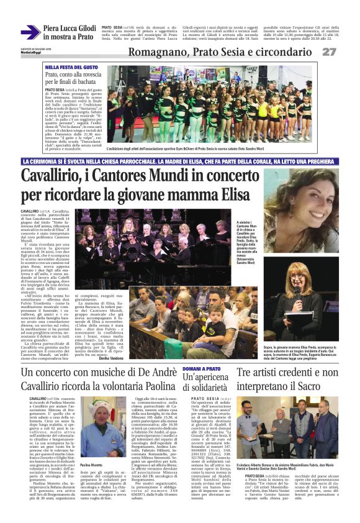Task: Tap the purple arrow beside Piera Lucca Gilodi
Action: pos(30,32)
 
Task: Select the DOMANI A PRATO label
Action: pos(203,369)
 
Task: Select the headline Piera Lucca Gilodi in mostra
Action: pos(69,32)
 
